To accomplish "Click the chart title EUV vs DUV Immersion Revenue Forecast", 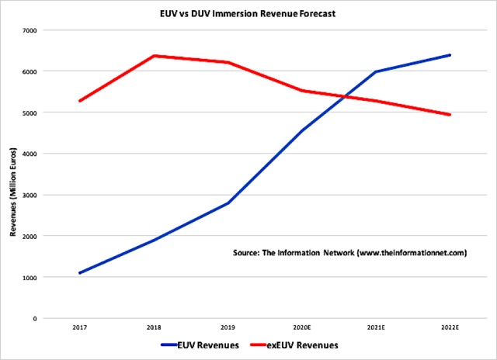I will pos(248,13).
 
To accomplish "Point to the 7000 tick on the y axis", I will pos(34,30).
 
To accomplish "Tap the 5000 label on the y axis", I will pos(34,112).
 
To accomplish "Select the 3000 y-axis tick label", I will pos(34,195).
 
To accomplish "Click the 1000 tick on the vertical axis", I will pos(34,277).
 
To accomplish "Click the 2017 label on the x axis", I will pos(80,328).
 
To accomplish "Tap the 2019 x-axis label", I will pos(228,328).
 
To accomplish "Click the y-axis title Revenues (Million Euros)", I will pos(13,175).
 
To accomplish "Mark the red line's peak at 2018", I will pos(155,56).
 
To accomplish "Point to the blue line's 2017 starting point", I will pos(80,273).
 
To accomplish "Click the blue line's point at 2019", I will pos(228,203).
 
